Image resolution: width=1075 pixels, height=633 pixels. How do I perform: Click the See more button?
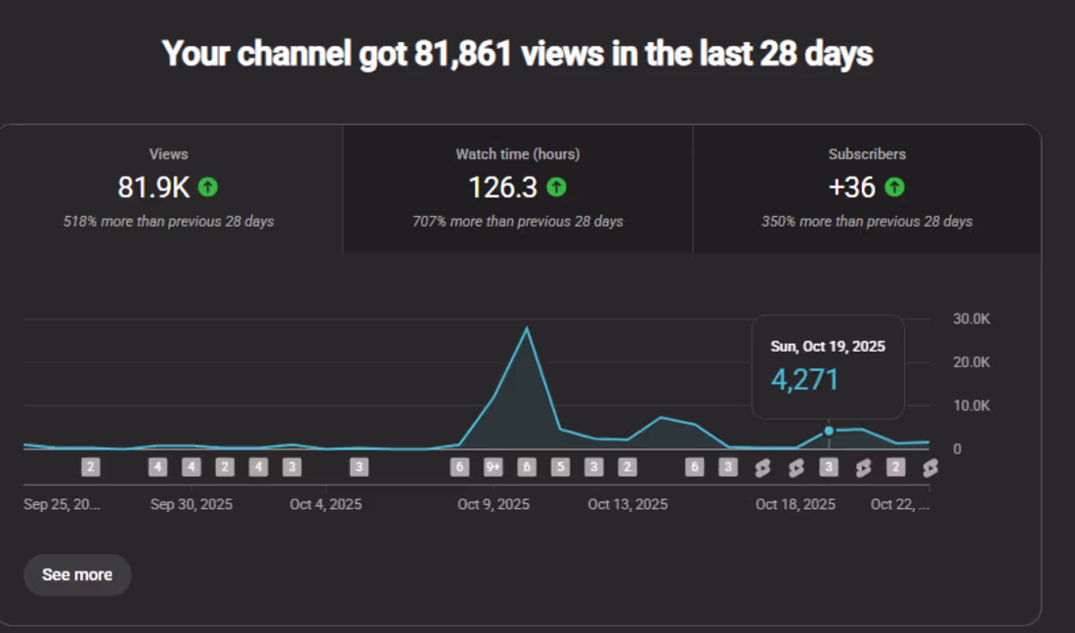tap(77, 574)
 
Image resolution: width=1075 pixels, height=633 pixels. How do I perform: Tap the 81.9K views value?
tap(153, 187)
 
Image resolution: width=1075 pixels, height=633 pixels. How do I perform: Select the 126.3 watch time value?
tap(502, 187)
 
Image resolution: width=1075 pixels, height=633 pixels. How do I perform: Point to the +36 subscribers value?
tap(851, 187)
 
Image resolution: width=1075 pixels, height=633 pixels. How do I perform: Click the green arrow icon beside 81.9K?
tap(207, 187)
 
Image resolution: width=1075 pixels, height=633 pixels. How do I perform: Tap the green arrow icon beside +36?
tap(894, 187)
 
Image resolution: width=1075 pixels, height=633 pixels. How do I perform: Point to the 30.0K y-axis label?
tap(970, 319)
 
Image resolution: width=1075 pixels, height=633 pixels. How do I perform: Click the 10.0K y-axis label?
tap(970, 405)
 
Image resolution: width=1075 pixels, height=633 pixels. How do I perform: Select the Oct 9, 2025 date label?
tap(494, 504)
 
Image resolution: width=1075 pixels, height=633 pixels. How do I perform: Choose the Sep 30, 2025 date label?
tap(192, 504)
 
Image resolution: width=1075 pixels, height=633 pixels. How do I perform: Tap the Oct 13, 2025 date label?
tap(627, 504)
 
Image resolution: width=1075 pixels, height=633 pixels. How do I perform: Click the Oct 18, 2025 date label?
tap(795, 504)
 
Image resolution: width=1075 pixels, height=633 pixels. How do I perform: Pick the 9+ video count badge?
tap(494, 467)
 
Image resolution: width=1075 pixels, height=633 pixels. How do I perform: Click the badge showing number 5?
tap(560, 467)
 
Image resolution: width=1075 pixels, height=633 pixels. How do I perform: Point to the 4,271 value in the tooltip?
tap(805, 379)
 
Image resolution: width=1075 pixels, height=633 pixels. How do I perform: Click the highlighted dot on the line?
tap(829, 431)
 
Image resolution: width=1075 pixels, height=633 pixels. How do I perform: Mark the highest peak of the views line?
tap(528, 327)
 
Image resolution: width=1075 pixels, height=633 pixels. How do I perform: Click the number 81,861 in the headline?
tap(463, 54)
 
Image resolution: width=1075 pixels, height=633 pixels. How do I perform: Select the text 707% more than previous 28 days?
tap(518, 222)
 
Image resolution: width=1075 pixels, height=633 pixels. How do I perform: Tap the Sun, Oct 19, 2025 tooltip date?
tap(828, 347)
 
